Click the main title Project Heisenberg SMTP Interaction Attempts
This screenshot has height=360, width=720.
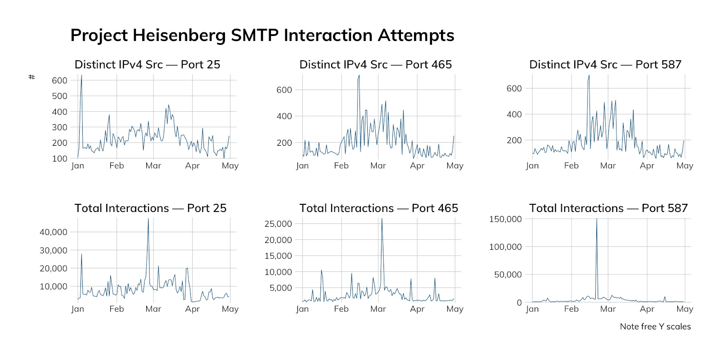tap(262, 36)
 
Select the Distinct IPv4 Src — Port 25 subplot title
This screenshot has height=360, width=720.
tap(147, 64)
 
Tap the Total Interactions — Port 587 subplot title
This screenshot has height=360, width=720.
tap(608, 208)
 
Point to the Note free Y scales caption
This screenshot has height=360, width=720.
tap(655, 326)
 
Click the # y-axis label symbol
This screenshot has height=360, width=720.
tap(31, 77)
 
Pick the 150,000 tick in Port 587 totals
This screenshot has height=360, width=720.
tap(505, 219)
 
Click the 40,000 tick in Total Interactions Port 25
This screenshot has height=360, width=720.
tap(54, 232)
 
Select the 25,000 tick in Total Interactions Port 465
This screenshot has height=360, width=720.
tap(278, 224)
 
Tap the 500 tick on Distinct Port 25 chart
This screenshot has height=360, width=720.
tap(59, 96)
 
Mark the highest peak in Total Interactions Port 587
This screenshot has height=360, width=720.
tap(597, 220)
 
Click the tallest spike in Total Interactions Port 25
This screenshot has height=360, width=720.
tap(148, 219)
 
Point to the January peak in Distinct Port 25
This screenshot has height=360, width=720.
tap(81, 76)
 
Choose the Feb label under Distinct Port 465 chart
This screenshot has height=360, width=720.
tap(341, 166)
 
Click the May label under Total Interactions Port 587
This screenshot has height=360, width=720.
tap(684, 309)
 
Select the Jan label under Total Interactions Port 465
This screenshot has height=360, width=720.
tap(302, 309)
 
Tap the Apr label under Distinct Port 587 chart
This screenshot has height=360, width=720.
tap(647, 166)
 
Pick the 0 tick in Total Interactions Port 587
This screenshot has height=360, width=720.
tap(519, 303)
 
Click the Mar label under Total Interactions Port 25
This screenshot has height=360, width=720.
tap(153, 309)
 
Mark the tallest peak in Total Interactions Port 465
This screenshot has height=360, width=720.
tap(382, 219)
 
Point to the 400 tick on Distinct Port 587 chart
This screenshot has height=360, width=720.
tap(514, 114)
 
